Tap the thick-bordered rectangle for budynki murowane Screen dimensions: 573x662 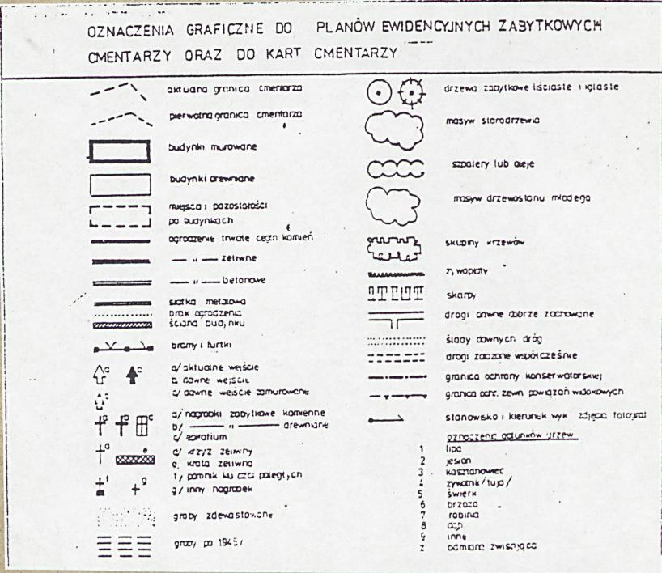point(120,152)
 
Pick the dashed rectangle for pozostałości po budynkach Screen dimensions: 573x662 point(120,214)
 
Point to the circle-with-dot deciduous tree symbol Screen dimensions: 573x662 point(380,93)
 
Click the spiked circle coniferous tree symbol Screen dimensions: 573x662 point(412,93)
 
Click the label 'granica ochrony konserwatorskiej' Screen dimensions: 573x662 point(518,376)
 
